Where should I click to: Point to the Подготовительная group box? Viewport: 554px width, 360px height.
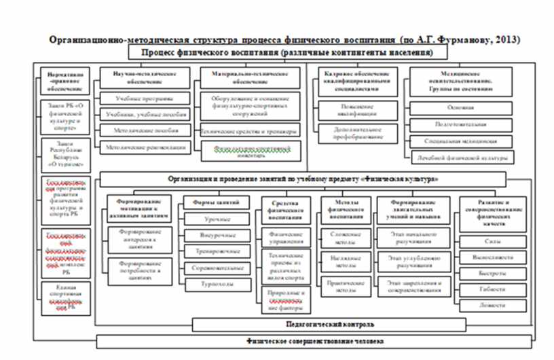(x=461, y=125)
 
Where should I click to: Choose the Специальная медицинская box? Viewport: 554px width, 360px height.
(x=461, y=141)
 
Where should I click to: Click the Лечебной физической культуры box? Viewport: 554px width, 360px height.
(x=462, y=158)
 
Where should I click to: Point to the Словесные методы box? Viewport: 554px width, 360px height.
(x=343, y=235)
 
